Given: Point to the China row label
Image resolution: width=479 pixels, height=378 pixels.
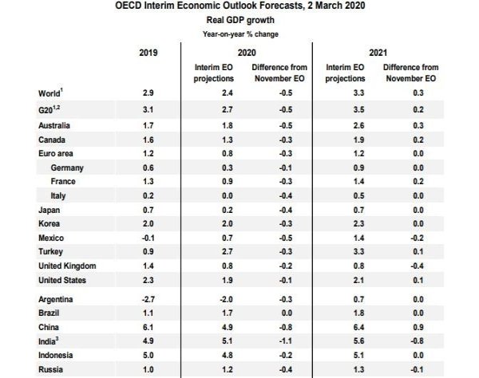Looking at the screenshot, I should [51, 326].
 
